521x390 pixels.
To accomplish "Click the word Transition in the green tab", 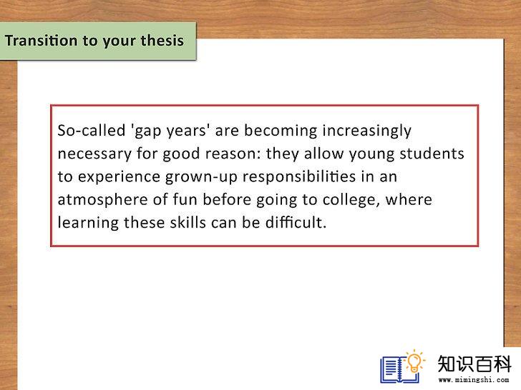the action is (x=42, y=41).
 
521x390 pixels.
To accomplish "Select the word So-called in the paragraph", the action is (x=92, y=130).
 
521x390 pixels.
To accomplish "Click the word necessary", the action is (x=94, y=154).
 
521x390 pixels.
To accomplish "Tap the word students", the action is (x=432, y=153).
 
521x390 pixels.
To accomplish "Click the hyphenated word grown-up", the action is (x=201, y=177).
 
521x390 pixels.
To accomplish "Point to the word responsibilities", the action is (x=299, y=176).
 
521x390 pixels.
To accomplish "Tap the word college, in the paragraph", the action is (x=351, y=200).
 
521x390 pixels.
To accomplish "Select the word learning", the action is (x=88, y=223).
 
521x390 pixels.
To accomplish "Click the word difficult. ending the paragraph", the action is (x=296, y=223).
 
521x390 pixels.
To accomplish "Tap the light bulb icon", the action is (x=414, y=361).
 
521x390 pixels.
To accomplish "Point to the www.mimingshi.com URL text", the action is (x=474, y=379).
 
